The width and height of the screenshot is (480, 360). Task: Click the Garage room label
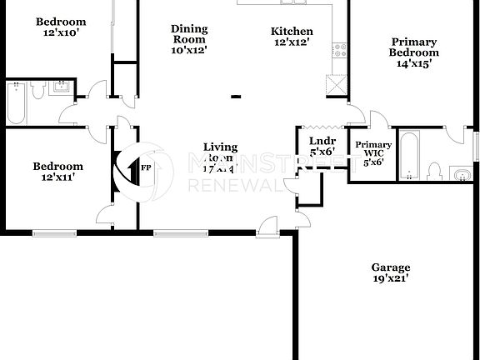(391, 273)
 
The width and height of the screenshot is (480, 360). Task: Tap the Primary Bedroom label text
(413, 52)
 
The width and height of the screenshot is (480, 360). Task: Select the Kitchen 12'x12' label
(292, 37)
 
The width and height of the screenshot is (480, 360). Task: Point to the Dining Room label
(189, 38)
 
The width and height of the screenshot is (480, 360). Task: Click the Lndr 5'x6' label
(321, 146)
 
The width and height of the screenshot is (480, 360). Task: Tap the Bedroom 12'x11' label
(58, 171)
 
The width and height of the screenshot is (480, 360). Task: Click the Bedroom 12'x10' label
(61, 27)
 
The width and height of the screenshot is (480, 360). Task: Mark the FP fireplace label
(146, 167)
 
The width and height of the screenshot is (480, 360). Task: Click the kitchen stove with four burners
(338, 51)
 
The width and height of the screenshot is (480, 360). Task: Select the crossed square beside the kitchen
(336, 84)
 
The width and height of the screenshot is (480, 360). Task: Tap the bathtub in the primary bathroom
(407, 154)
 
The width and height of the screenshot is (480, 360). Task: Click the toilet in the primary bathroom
(433, 172)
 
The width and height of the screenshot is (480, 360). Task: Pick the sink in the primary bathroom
(460, 173)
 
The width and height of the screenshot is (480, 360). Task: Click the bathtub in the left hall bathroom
(17, 101)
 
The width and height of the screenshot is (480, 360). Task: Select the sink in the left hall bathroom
(61, 86)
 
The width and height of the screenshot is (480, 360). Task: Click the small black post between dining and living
(236, 97)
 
